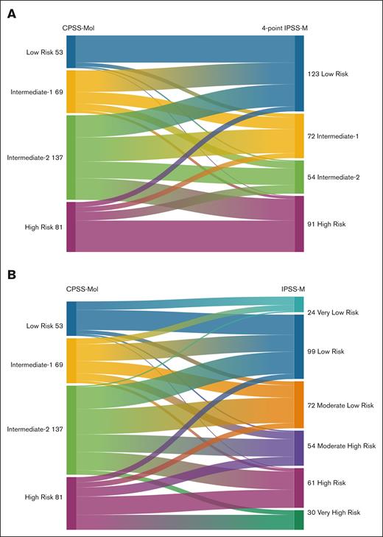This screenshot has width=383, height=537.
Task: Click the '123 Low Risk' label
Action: click(x=328, y=74)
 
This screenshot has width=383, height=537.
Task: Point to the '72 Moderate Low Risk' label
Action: click(x=340, y=405)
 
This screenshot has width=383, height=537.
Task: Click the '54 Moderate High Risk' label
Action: click(x=341, y=446)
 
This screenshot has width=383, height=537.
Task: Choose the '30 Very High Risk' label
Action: click(x=336, y=512)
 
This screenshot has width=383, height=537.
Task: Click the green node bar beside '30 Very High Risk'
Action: click(x=299, y=519)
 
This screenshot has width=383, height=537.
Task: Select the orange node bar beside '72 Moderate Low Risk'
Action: click(x=299, y=404)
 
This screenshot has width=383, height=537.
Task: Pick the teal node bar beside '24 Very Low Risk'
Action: click(x=299, y=304)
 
